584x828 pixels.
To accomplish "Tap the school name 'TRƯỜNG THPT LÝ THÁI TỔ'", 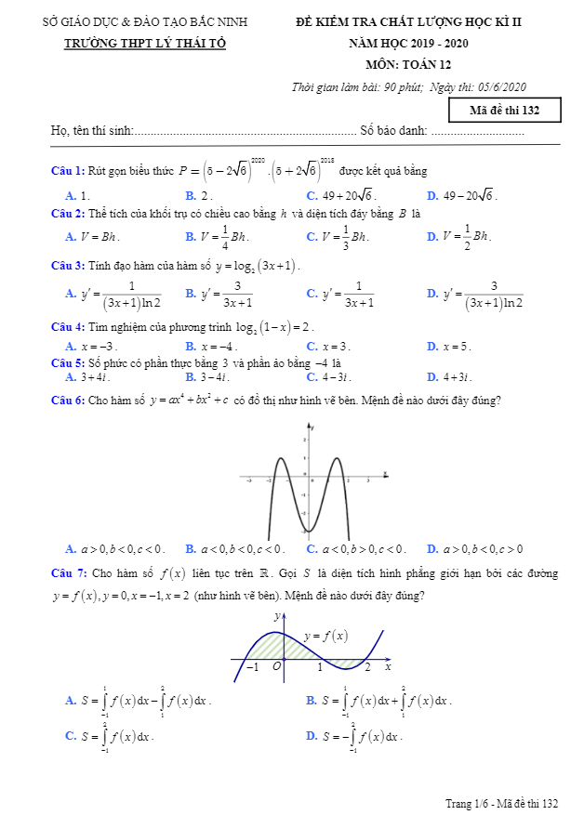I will point(144,44).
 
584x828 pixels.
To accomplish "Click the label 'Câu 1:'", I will point(68,171).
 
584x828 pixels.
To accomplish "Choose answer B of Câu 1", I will point(199,196).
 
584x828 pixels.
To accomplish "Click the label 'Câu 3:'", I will point(68,266).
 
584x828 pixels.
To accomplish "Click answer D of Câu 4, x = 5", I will point(449,347).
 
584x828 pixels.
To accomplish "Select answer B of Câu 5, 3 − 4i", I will point(207,377).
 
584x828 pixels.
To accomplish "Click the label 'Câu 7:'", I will point(68,573).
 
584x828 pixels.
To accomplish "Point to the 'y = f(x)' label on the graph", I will point(325,636).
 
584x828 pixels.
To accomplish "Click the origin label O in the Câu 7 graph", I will point(276,666).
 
